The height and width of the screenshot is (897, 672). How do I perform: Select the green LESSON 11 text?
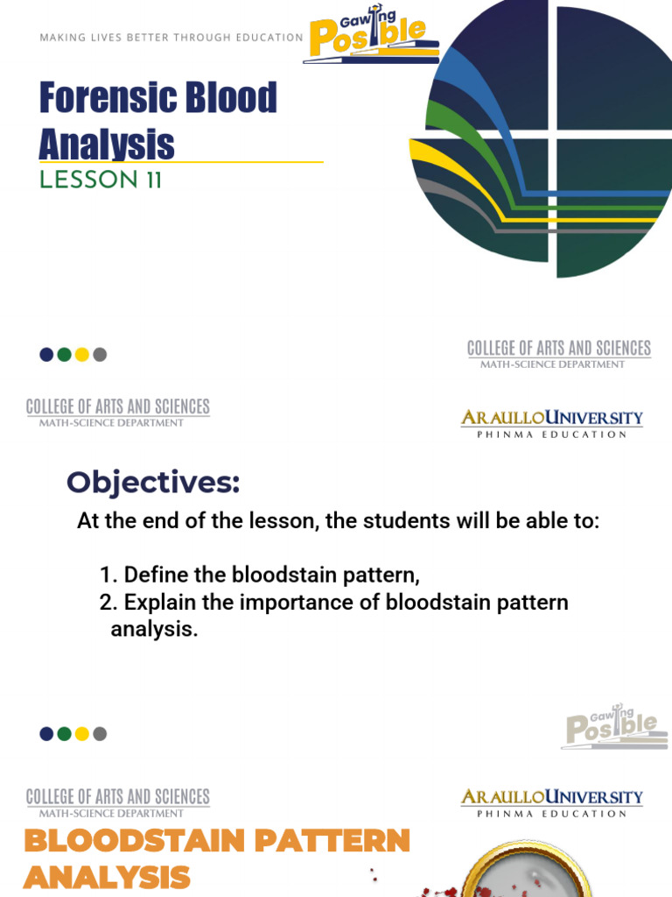coord(101,180)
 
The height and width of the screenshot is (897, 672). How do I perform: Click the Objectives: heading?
coord(153,482)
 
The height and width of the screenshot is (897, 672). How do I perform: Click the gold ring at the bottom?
coord(525,862)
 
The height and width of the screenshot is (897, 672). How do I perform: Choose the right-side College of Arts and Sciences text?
coord(558,349)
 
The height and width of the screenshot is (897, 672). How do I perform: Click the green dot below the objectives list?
coord(64,734)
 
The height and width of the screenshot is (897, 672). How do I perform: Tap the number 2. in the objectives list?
coord(108,603)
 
